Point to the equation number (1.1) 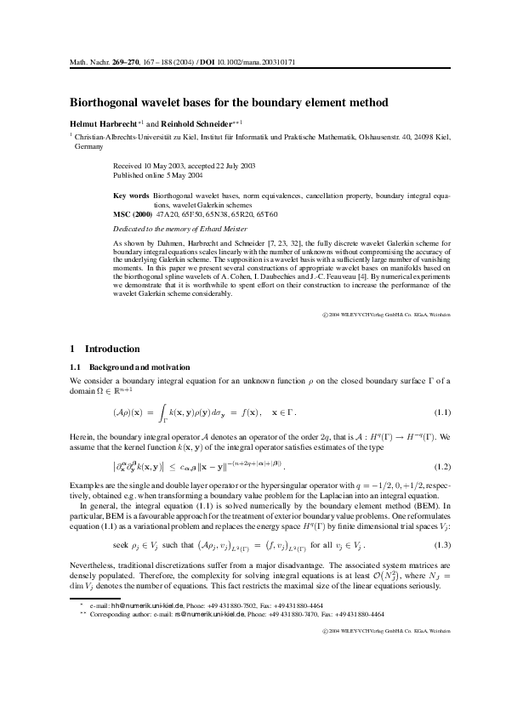[443, 412]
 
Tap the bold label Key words [131, 195]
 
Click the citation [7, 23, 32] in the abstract [278, 244]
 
